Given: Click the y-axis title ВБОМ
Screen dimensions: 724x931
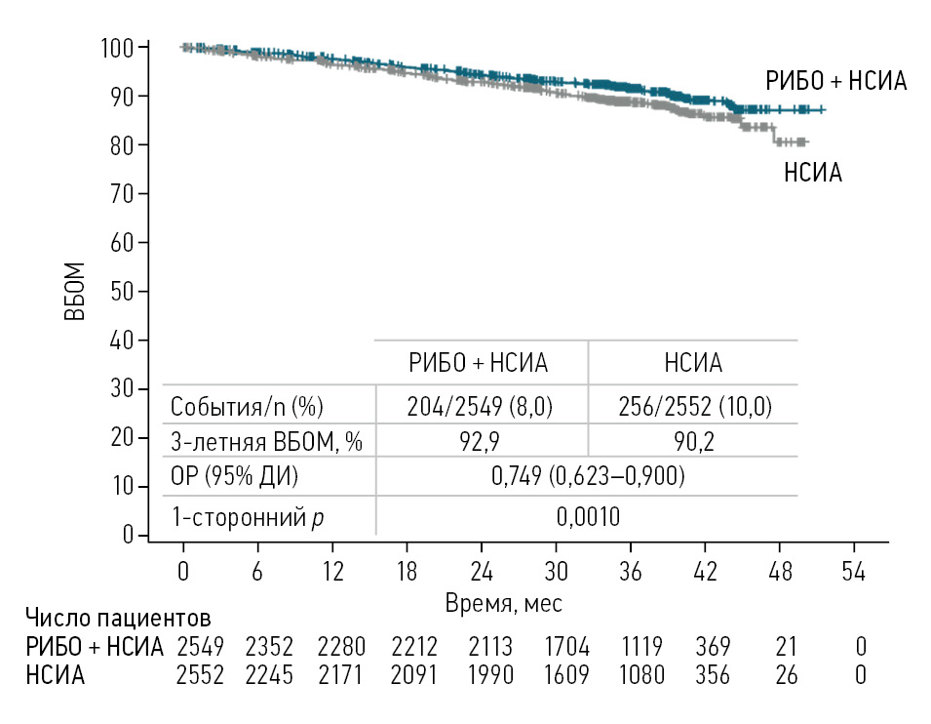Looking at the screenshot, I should [76, 291].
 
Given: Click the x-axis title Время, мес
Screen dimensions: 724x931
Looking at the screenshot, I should [503, 603].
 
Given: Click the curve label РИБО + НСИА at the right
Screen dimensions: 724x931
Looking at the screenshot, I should [836, 82].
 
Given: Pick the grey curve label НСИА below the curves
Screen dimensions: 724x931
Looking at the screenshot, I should [813, 174].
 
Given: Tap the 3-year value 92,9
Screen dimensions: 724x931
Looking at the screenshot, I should [481, 442].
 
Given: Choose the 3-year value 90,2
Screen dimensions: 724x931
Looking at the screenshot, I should [693, 442].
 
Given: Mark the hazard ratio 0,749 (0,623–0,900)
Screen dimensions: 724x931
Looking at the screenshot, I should [587, 478].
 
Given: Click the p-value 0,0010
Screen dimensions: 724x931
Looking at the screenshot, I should [587, 515].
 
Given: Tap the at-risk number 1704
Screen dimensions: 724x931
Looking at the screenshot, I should [556, 646].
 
